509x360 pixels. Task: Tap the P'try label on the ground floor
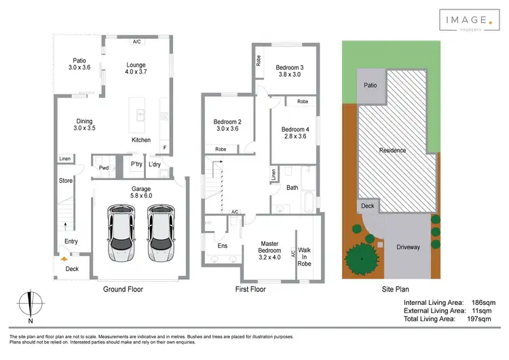coord(136,164)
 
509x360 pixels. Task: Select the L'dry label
coord(155,164)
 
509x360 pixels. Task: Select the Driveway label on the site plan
coord(408,247)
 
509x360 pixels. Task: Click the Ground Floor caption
coord(123,289)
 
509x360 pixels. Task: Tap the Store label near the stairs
coord(65,181)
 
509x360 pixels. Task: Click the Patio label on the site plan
coord(370,86)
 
